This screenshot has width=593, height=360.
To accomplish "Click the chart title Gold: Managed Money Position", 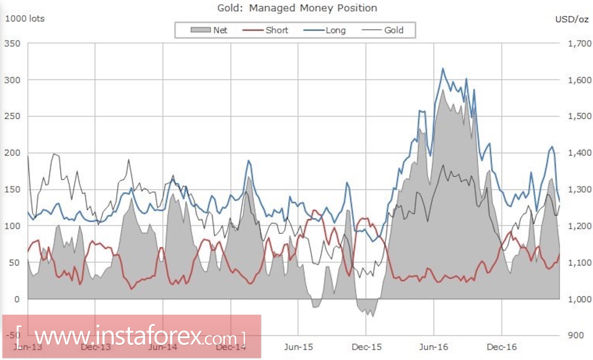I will click(297, 8).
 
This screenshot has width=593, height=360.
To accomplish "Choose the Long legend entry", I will click(335, 30).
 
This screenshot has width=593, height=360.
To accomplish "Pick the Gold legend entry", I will click(394, 30).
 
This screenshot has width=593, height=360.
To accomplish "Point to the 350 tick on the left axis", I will click(13, 43).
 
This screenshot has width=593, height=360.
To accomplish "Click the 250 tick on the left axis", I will click(13, 116).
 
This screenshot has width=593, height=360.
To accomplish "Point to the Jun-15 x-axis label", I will click(298, 346).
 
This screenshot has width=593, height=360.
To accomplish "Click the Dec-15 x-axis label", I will click(366, 346).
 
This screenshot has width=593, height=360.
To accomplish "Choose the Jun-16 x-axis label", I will click(434, 346).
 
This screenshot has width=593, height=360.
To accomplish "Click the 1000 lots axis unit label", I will click(25, 18).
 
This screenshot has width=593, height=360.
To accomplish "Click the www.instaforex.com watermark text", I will click(131, 336).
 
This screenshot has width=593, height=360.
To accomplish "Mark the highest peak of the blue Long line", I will click(442, 68).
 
